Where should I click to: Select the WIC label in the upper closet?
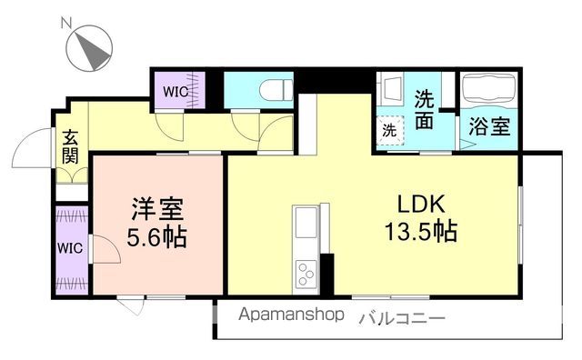tap(176, 91)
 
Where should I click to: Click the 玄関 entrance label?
tap(70, 147)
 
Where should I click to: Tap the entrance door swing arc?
tap(35, 146)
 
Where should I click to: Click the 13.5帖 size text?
tap(420, 231)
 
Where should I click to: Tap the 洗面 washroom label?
tap(425, 109)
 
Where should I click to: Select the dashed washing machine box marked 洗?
tap(389, 130)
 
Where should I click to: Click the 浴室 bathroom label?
tap(488, 127)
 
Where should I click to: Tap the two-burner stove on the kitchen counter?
tap(306, 271)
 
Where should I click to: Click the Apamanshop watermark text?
tap(292, 315)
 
